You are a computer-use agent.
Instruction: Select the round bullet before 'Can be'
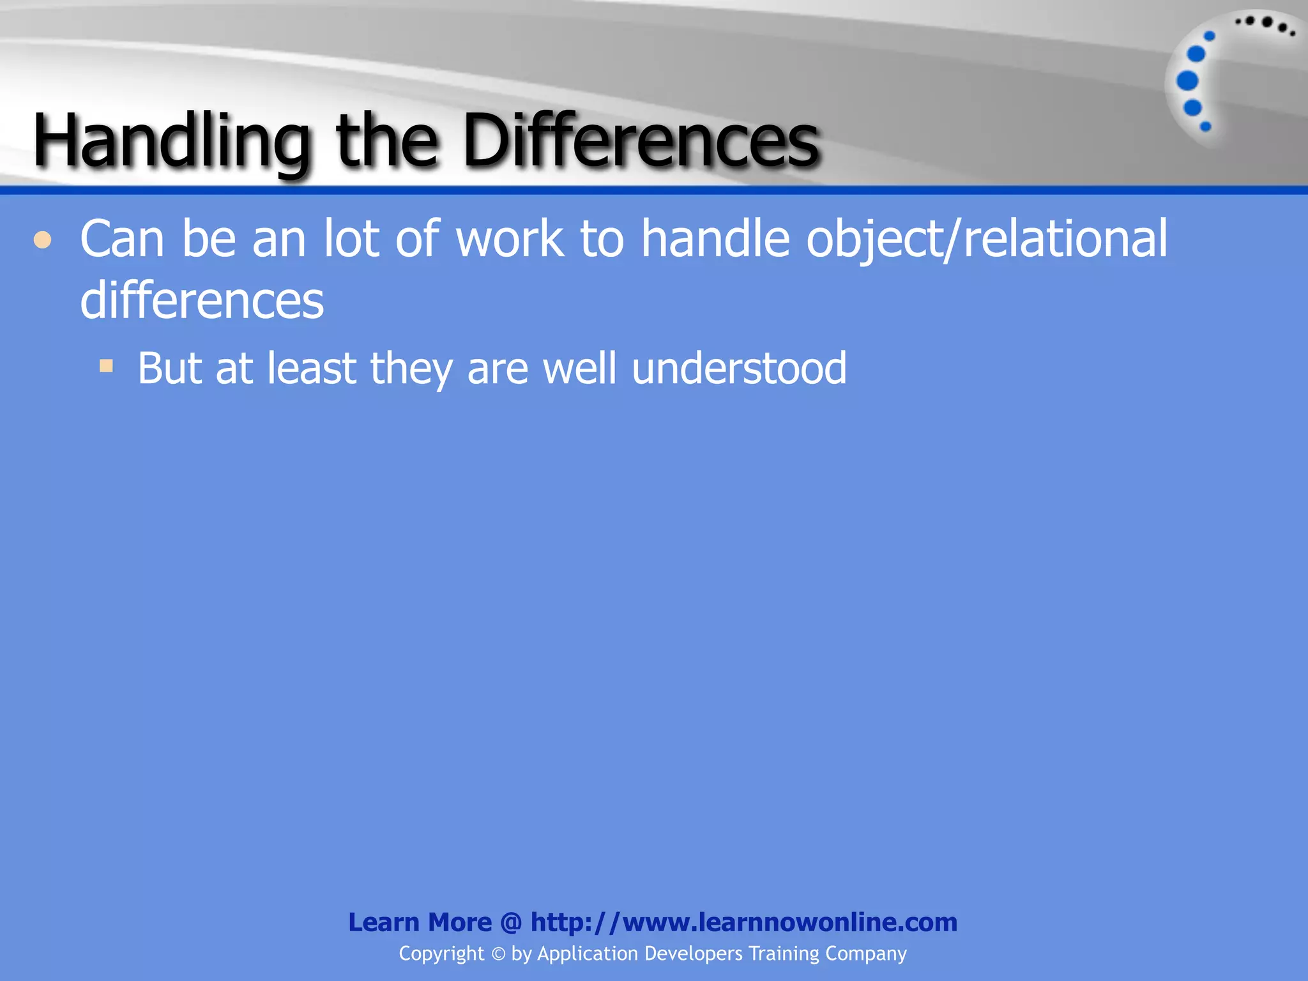click(43, 240)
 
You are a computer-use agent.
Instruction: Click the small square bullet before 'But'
click(106, 367)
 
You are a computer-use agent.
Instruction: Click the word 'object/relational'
click(987, 239)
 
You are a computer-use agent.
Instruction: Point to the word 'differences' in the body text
click(202, 300)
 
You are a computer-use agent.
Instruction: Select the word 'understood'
click(739, 369)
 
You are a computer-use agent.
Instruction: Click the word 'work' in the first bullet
click(510, 239)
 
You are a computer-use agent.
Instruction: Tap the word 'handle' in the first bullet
click(715, 239)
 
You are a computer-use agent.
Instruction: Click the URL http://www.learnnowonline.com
click(743, 922)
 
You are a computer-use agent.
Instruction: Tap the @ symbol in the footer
click(511, 922)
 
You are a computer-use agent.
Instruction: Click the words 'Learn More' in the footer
click(420, 922)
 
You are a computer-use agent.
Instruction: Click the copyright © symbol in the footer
click(498, 954)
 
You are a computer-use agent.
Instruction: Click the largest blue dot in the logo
click(1187, 81)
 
